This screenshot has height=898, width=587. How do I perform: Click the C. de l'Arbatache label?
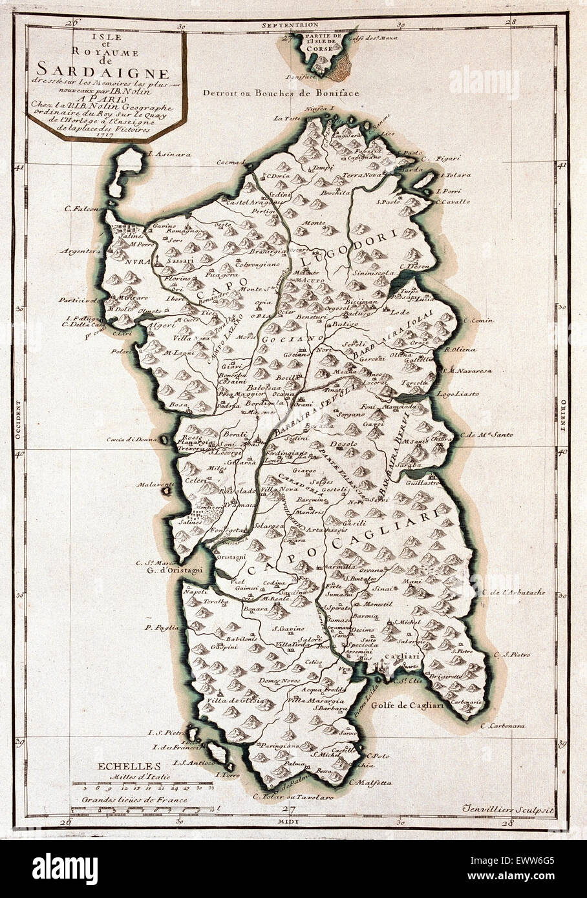(x=513, y=592)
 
